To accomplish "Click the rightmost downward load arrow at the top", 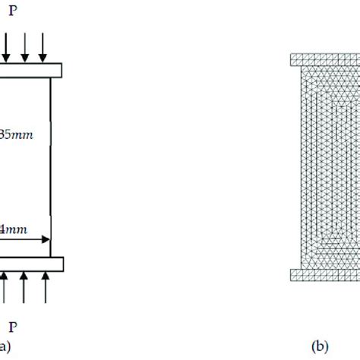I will (43, 49).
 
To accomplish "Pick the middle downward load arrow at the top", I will (25, 49).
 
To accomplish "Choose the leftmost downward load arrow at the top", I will (7, 49).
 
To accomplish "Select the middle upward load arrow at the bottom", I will (25, 290).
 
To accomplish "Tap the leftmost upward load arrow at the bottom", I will (7, 290).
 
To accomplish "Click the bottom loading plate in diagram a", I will (30, 264).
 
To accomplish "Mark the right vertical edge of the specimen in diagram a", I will (51, 167).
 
